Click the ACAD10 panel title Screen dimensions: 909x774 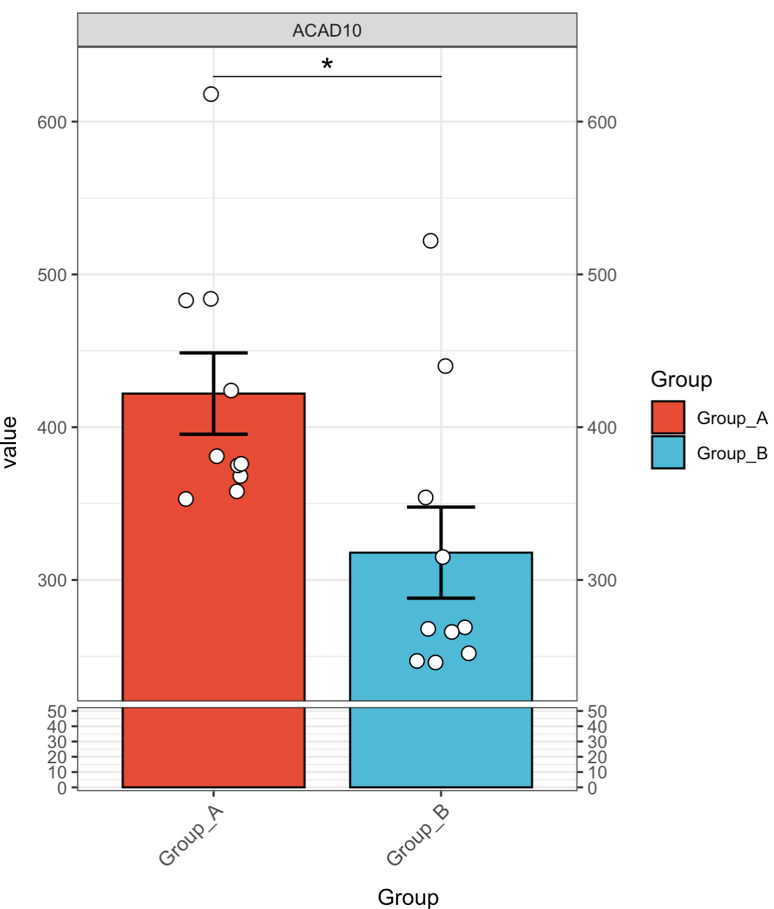[x=327, y=30]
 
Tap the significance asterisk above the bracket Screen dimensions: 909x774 [x=327, y=65]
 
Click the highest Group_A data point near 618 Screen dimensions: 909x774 [x=211, y=94]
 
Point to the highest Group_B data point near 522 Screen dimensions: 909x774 [x=431, y=240]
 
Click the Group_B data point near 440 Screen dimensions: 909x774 [x=445, y=366]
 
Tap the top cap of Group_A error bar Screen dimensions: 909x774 [x=214, y=353]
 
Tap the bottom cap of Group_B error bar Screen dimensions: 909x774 [x=441, y=597]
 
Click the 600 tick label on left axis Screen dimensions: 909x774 [x=52, y=122]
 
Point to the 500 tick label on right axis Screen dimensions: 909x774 [x=602, y=275]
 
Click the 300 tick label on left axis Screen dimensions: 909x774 [x=52, y=580]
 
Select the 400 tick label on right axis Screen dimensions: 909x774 [x=602, y=428]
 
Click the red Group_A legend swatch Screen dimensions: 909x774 [x=668, y=418]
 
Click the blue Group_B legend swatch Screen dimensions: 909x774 [x=668, y=453]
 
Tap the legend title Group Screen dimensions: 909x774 [x=681, y=379]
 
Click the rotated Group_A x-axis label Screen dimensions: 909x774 [x=191, y=835]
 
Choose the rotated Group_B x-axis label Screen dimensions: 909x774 [x=419, y=835]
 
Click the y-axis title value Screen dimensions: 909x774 [x=10, y=443]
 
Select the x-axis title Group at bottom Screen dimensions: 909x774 [x=408, y=897]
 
